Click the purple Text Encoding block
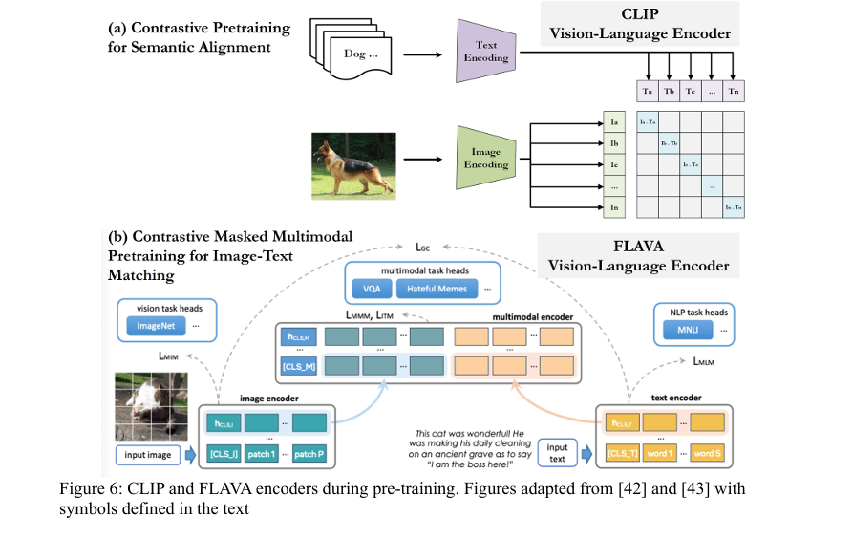click(x=485, y=53)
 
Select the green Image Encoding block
click(x=485, y=158)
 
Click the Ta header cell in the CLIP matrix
click(x=649, y=92)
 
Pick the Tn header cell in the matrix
click(x=733, y=92)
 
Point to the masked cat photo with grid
click(x=151, y=400)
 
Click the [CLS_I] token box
click(x=224, y=455)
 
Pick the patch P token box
click(x=309, y=455)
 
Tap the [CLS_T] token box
click(x=620, y=455)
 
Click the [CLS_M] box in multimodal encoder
click(x=296, y=367)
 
